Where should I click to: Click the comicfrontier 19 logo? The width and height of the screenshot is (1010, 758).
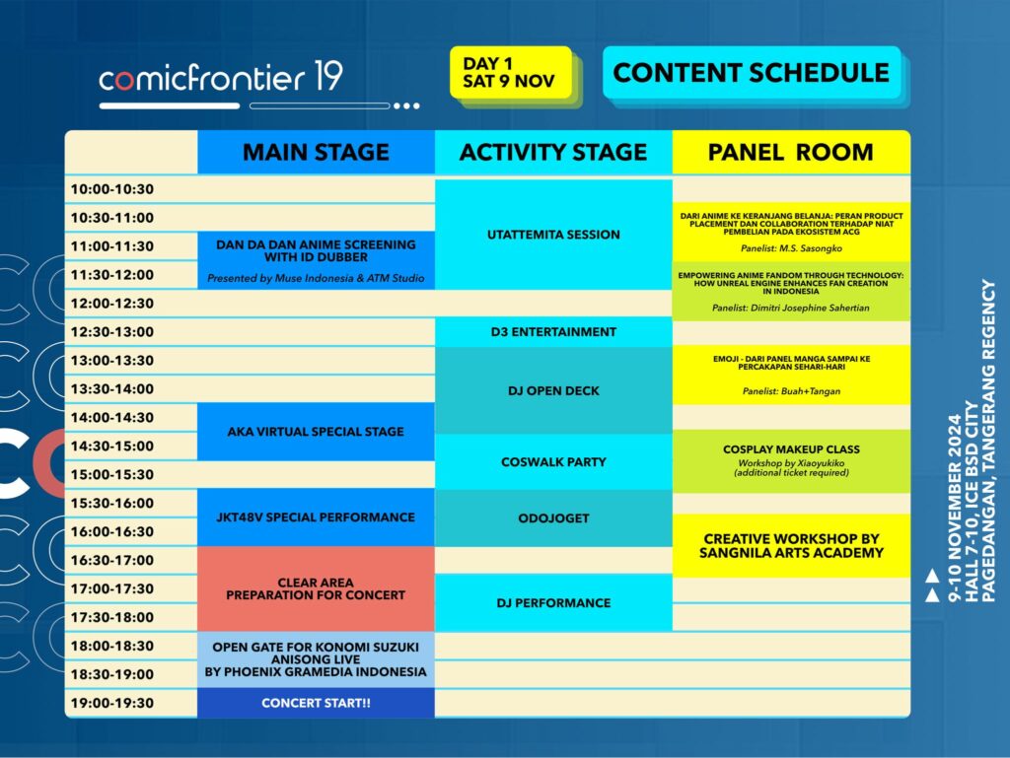[x=220, y=77]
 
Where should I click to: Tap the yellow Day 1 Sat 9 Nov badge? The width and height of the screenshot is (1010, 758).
[x=510, y=72]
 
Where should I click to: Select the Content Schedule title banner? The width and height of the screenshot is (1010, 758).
[x=751, y=72]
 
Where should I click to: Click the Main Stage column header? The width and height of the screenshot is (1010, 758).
[x=316, y=152]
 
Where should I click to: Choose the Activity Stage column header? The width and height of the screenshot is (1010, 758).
[x=553, y=152]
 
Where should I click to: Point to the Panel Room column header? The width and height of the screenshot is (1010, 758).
[x=791, y=152]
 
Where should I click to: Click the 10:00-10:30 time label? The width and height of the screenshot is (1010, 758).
[x=112, y=189]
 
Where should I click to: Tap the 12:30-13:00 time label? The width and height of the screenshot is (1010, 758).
[x=112, y=332]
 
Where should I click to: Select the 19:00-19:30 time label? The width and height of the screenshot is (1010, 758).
[x=112, y=703]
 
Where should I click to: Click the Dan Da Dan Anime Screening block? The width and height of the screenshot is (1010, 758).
[x=316, y=260]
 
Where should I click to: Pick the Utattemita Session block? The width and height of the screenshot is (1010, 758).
[x=553, y=235]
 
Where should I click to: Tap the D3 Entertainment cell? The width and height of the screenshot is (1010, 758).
[x=553, y=332]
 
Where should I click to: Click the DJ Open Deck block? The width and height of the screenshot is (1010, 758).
[x=553, y=390]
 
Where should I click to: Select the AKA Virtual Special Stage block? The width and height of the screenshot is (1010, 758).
[x=316, y=432]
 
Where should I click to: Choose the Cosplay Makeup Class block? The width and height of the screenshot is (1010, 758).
[x=791, y=460]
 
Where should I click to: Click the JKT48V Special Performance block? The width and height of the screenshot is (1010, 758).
[x=316, y=517]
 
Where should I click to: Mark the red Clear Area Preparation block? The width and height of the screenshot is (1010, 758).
[x=316, y=588]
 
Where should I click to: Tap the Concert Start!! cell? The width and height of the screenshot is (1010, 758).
[x=316, y=703]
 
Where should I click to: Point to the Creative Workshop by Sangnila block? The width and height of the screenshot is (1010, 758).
[x=791, y=546]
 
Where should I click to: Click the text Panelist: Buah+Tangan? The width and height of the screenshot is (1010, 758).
[x=791, y=391]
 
